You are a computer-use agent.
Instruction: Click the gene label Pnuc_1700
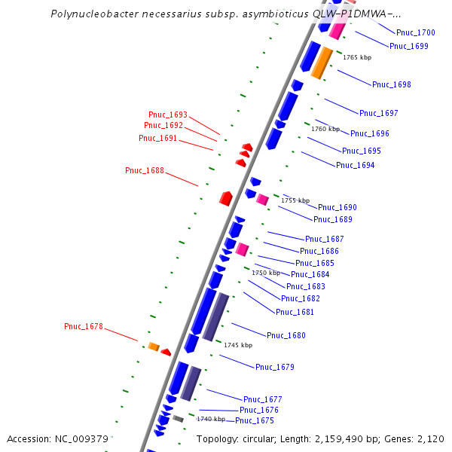tap(416, 33)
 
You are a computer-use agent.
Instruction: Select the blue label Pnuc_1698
tap(392, 84)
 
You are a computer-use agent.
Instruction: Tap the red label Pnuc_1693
tap(168, 115)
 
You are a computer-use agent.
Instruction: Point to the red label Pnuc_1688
tap(145, 171)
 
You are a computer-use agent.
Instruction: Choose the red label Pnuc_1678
tap(84, 326)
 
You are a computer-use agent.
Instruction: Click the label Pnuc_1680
tap(286, 335)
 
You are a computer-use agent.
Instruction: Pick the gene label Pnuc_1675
tap(255, 420)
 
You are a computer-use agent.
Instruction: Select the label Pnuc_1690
tap(337, 207)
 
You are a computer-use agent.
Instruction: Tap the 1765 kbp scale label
tap(357, 57)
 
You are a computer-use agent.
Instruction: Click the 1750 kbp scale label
tap(266, 273)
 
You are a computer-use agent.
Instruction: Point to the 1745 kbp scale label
tap(238, 345)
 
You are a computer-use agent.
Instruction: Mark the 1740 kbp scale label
tap(211, 419)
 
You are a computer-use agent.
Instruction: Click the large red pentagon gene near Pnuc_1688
tap(225, 198)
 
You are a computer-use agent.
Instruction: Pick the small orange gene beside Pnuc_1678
tap(154, 347)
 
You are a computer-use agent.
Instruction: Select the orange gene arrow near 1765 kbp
tap(322, 63)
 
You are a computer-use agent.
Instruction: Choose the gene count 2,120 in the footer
tap(431, 439)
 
